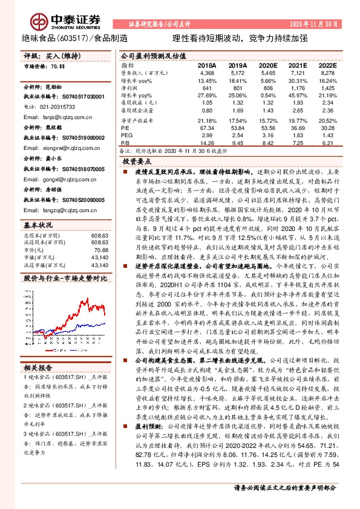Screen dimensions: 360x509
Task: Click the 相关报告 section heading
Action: (x=38, y=368)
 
